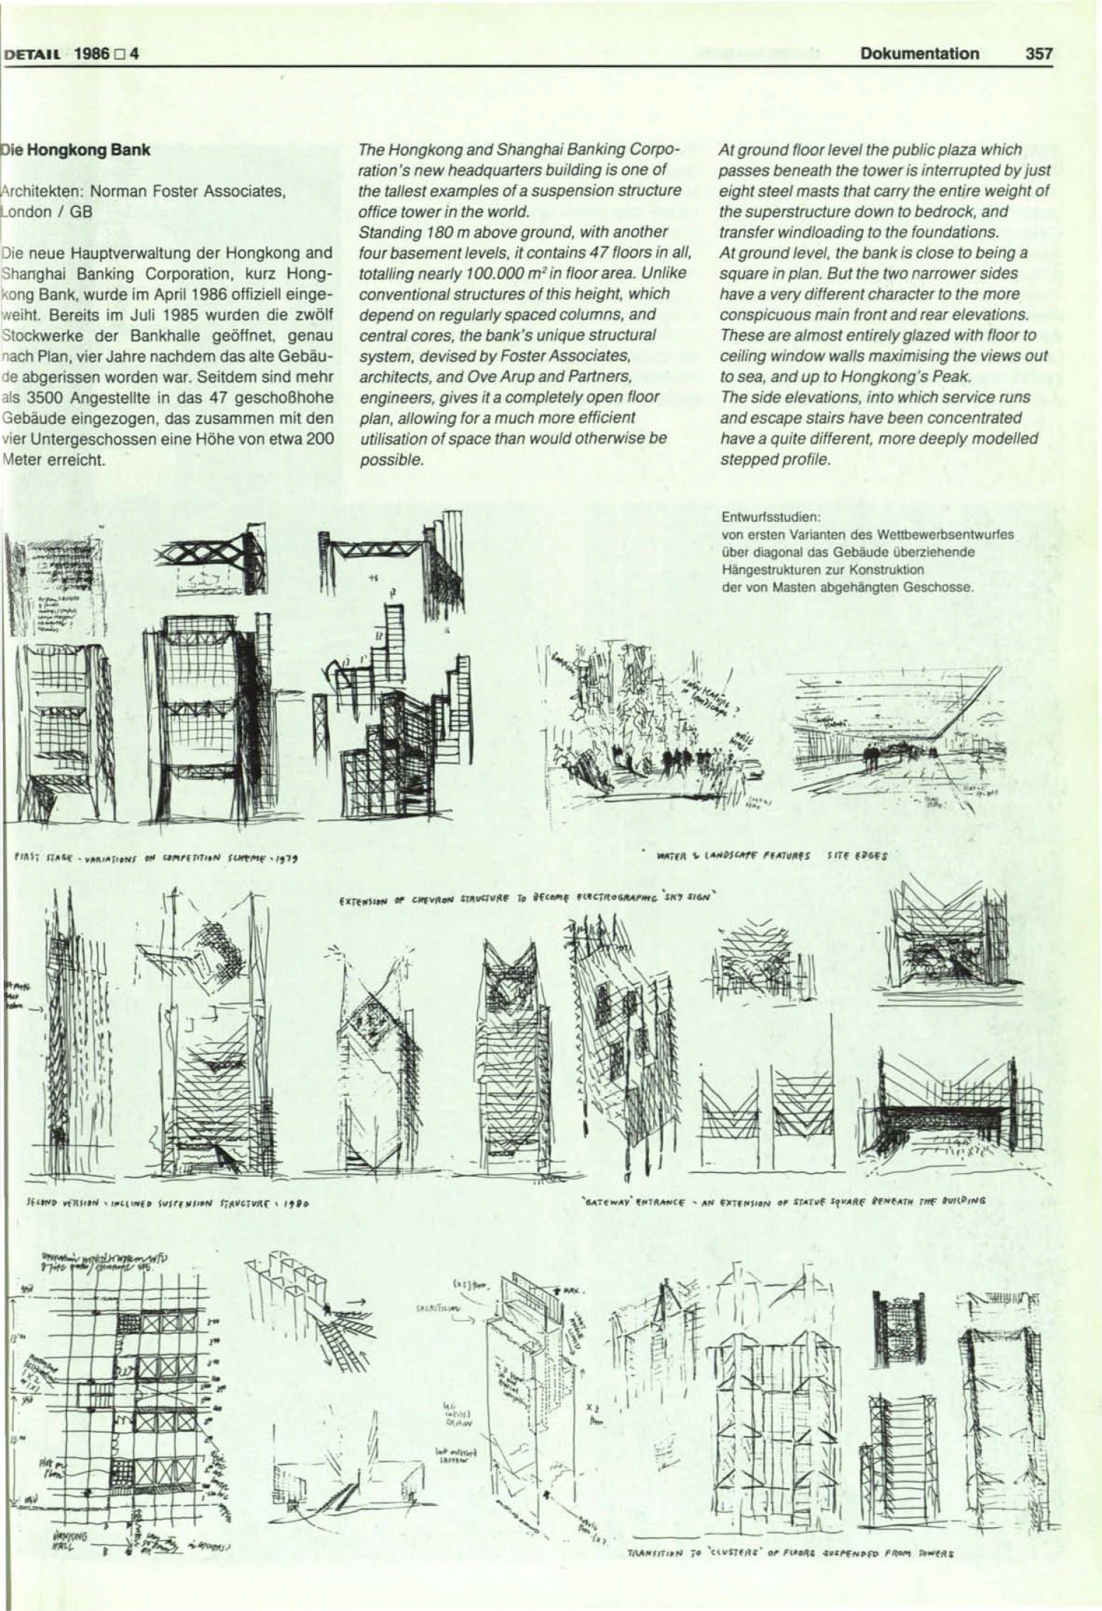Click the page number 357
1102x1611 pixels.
point(1037,54)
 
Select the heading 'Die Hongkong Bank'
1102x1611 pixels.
point(77,150)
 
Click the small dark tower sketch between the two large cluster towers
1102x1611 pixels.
point(897,1321)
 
